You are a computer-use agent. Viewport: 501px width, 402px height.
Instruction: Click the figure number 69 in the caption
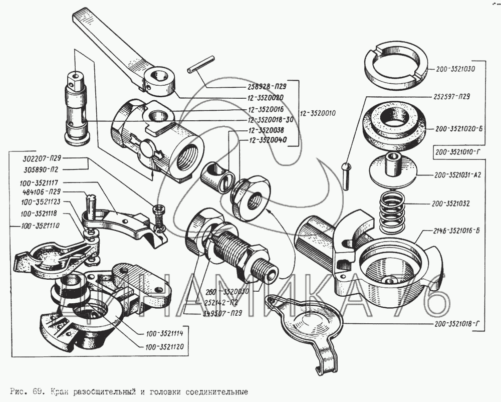pyautogui.click(x=34, y=390)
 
